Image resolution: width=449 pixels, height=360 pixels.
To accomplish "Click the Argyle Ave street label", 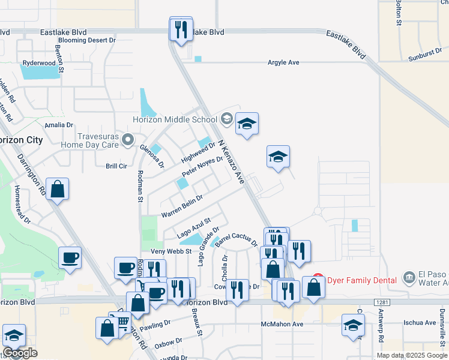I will click(x=283, y=62).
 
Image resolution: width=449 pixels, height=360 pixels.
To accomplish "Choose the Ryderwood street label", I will click(x=38, y=62).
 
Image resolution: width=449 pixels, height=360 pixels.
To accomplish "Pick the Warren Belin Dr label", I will click(x=182, y=206).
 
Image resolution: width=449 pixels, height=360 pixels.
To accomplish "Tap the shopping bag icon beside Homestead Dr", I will click(x=57, y=189).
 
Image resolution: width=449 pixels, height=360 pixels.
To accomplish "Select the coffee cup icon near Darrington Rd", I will click(x=70, y=258).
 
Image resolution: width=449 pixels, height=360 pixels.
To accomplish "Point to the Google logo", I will click(x=20, y=353).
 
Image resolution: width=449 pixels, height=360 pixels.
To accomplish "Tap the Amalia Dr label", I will click(x=59, y=125).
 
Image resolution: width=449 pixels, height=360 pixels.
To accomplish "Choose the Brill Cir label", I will click(x=116, y=166).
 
